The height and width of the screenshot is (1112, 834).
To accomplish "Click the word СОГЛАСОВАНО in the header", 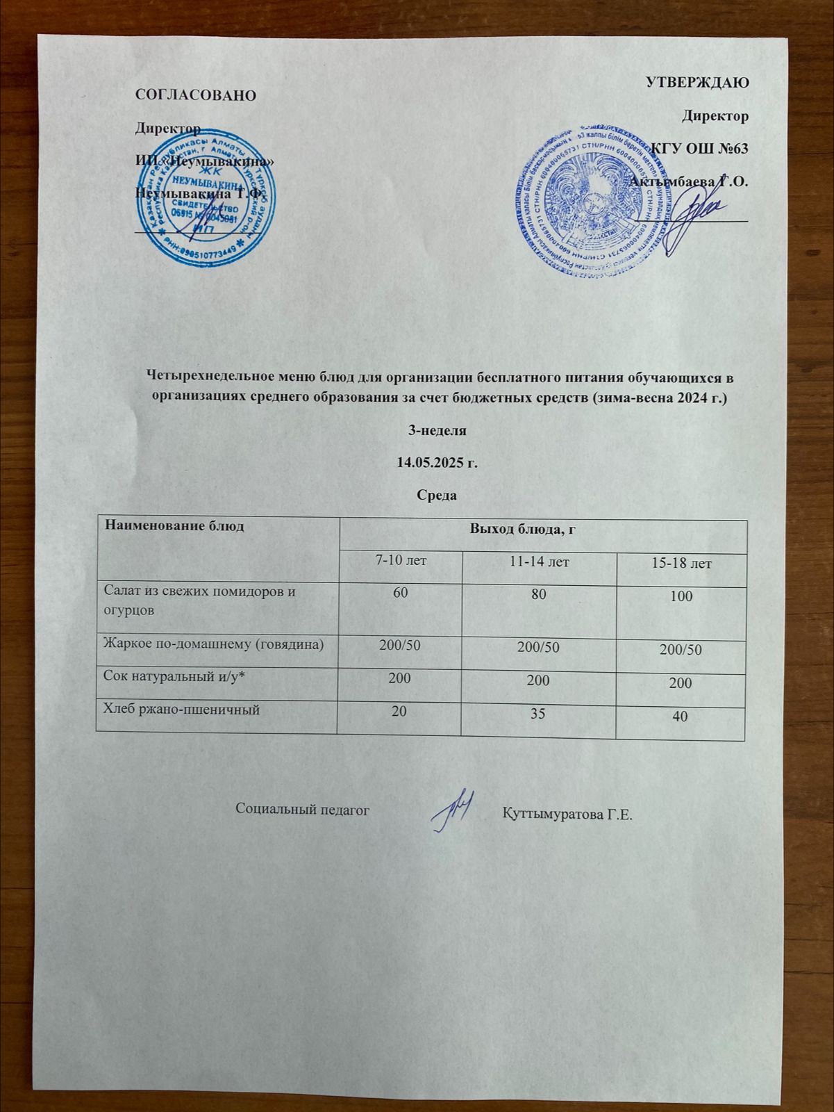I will (195, 95).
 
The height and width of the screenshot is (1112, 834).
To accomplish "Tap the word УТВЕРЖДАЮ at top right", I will (697, 83).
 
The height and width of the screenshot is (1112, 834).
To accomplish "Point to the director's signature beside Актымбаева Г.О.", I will (694, 219).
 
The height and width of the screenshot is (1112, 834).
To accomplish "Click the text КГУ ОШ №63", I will (699, 149).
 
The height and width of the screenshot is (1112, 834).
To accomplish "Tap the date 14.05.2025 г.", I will (437, 463).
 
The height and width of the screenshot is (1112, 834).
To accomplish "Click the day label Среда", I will (436, 496).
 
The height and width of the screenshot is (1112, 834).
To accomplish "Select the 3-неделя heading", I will (436, 430).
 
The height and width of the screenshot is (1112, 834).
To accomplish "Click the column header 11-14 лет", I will (539, 562).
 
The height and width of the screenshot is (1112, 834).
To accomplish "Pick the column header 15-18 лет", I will (681, 563).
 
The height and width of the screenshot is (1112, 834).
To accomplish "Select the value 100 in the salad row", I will (681, 596).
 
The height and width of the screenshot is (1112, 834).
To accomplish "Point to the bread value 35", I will (539, 712).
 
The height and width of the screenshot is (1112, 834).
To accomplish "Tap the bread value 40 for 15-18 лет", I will (680, 715).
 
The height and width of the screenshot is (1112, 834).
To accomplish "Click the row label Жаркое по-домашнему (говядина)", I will (214, 644).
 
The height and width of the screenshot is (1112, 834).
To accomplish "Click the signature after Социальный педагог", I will (452, 810).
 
